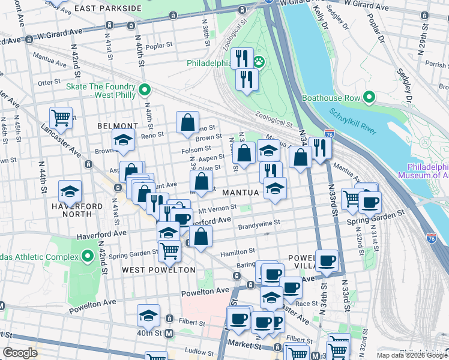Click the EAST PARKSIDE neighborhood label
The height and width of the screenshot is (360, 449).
109,8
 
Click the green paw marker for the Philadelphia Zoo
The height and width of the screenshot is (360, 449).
259,62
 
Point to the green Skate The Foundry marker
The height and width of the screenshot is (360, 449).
144,90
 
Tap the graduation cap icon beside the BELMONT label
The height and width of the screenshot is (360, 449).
124,140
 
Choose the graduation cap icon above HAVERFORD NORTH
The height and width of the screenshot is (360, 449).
70,192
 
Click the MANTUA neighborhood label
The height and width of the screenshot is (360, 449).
240,193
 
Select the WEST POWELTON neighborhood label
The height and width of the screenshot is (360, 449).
158,270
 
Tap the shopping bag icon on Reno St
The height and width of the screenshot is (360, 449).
188,122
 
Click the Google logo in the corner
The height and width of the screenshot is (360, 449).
20,353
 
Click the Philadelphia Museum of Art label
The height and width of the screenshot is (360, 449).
427,171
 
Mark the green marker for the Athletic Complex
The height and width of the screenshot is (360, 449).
88,257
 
